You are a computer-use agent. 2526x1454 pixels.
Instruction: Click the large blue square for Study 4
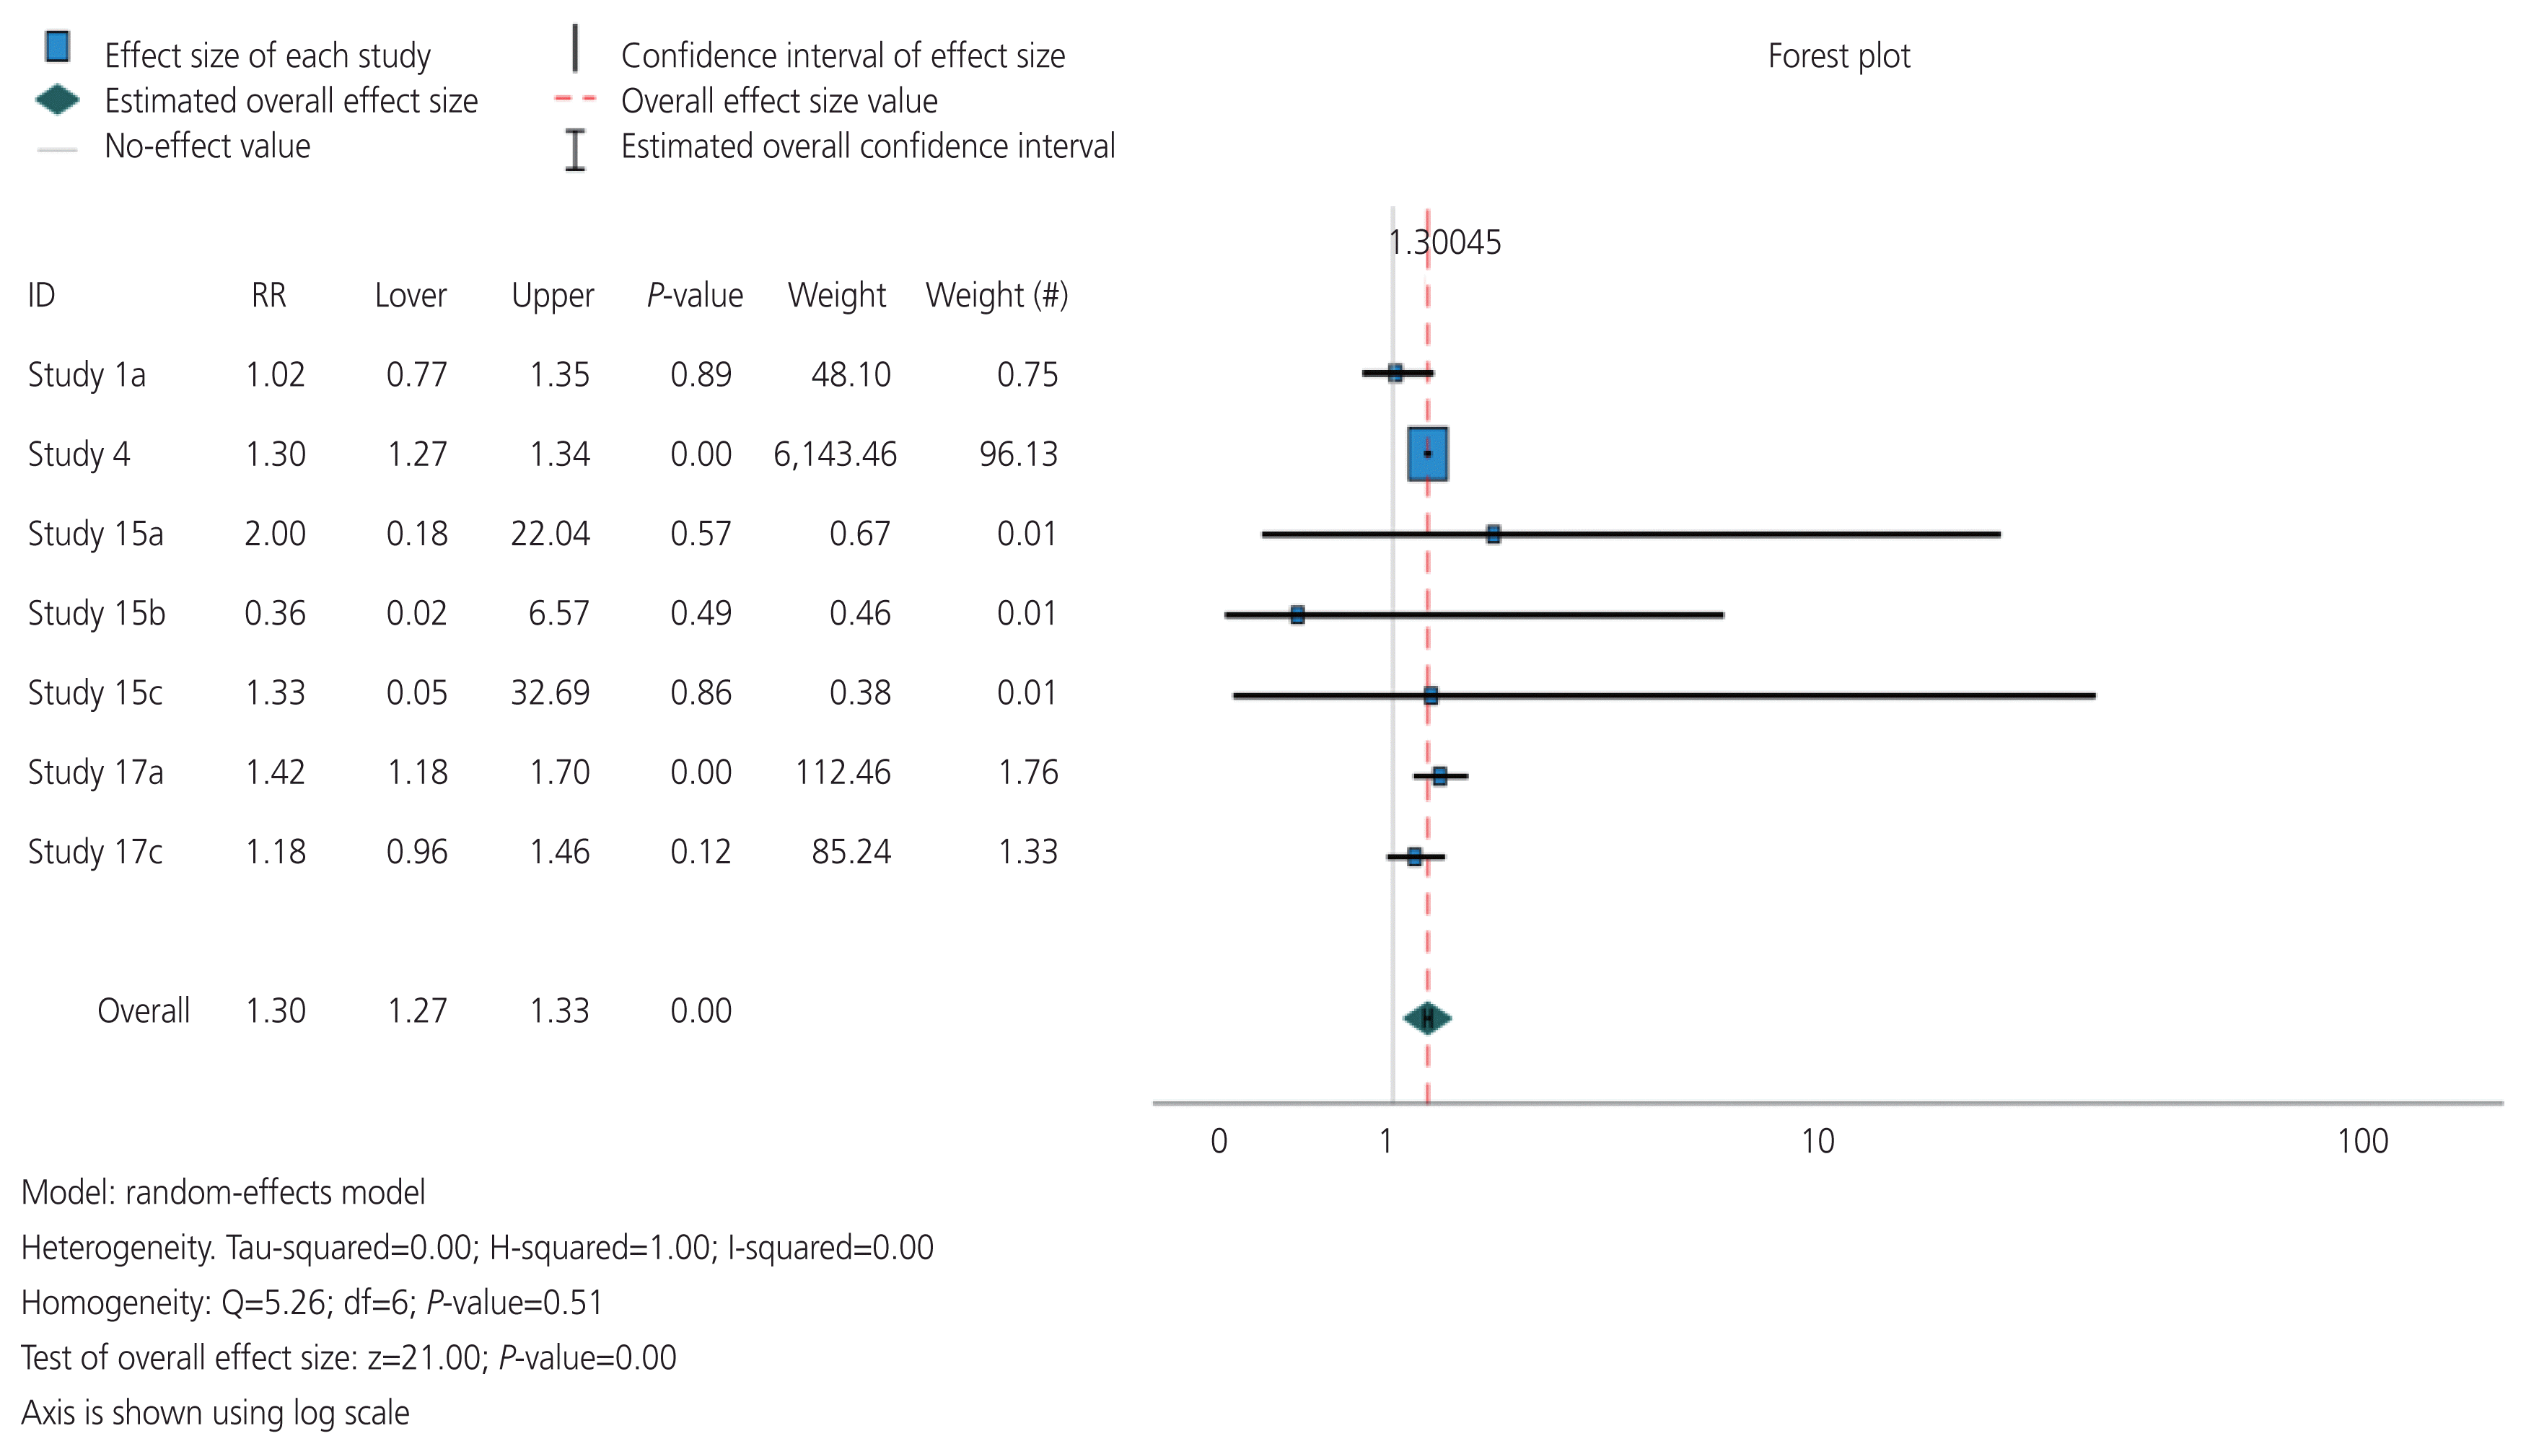click(1427, 454)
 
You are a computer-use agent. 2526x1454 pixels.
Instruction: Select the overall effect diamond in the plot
click(1427, 1018)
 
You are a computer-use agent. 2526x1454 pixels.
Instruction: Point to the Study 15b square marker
click(1297, 614)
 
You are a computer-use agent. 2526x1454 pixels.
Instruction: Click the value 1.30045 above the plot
click(1444, 242)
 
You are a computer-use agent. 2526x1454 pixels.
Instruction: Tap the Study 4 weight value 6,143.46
click(835, 454)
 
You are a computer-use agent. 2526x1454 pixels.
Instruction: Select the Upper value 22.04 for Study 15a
click(551, 534)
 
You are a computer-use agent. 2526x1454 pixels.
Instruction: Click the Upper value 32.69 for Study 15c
click(551, 693)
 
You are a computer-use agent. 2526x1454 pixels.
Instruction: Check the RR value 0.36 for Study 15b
click(275, 613)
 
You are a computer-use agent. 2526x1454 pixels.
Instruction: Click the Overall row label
click(143, 1010)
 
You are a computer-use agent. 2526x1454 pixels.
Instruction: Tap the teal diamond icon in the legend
click(57, 100)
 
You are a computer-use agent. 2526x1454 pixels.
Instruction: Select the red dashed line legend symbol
click(575, 99)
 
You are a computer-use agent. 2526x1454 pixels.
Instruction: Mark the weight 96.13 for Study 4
click(1018, 454)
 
